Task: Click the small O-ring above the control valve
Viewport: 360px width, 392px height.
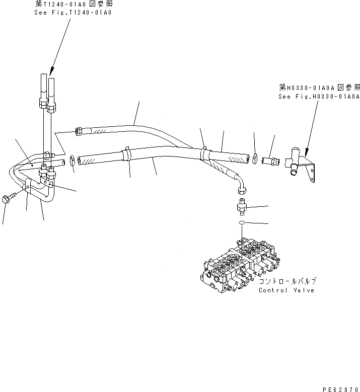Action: (242, 222)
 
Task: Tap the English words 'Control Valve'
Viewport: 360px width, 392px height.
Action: (286, 290)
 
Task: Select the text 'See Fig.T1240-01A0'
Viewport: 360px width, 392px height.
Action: (74, 12)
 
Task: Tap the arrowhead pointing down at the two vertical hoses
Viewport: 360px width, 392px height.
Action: (51, 72)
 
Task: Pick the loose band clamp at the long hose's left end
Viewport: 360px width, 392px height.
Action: (73, 161)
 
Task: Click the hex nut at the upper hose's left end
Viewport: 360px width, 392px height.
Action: (79, 132)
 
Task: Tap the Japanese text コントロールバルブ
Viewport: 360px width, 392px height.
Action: (287, 281)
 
